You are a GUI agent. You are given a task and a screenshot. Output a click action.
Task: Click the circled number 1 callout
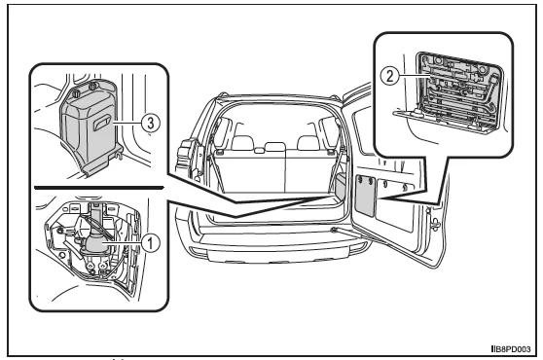150,242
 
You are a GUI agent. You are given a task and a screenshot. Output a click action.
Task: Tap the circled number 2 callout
389,76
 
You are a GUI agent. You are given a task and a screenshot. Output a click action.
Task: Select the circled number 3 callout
151,123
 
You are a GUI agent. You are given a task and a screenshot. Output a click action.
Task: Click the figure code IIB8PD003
511,349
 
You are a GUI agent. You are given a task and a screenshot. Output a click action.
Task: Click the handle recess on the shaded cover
103,123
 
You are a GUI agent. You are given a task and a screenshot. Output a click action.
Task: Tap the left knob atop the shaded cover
77,91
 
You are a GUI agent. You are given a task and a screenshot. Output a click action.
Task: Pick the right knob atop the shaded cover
92,86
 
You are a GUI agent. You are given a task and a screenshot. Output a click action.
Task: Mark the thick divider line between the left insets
99,188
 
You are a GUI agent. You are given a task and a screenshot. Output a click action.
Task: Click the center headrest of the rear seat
275,146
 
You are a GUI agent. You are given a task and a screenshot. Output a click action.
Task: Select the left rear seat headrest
242,143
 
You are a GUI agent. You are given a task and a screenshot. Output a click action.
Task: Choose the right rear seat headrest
308,143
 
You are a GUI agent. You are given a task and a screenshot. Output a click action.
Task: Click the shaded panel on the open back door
365,195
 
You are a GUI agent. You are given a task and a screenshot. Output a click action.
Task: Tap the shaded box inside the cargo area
341,187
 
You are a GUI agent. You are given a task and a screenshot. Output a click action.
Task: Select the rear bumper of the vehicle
277,246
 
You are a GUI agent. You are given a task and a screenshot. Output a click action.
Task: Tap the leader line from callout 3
127,123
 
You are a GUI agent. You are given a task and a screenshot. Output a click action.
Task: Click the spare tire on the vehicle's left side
187,160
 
